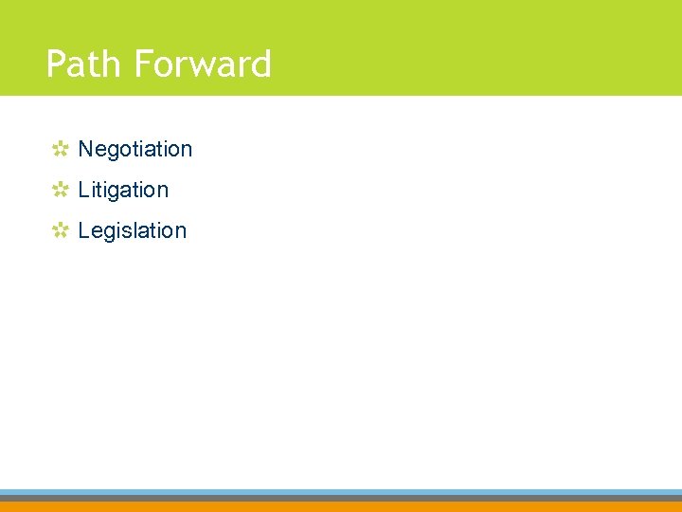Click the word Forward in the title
(x=203, y=64)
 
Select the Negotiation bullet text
(x=135, y=149)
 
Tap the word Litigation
(x=123, y=190)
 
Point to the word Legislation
(x=133, y=230)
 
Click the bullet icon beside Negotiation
(x=60, y=149)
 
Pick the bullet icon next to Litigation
(x=60, y=190)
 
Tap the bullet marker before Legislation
(x=60, y=230)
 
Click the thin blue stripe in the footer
(x=341, y=492)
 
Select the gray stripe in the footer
(x=341, y=498)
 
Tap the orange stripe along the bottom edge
(x=341, y=506)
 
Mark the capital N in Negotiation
(x=85, y=149)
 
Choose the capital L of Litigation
(x=83, y=190)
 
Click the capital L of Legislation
(x=83, y=230)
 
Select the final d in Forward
(x=260, y=64)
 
